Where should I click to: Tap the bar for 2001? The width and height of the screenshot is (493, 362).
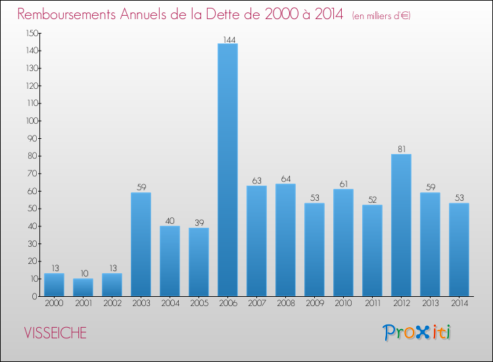(x=83, y=288)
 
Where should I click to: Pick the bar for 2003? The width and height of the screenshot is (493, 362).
(x=141, y=244)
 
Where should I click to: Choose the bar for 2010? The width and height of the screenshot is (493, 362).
(x=343, y=243)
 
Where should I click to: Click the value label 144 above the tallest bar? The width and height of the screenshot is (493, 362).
(x=227, y=39)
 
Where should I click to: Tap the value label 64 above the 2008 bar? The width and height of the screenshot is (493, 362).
(x=285, y=179)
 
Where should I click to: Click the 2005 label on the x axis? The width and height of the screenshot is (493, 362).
(x=199, y=303)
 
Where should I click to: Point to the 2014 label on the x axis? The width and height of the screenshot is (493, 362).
(x=459, y=303)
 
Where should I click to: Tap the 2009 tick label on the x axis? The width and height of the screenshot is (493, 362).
(x=314, y=303)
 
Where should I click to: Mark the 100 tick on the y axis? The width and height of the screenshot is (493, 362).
(x=32, y=121)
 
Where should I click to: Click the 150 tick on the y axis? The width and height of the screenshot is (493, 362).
(x=32, y=33)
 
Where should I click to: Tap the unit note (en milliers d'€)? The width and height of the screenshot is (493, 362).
(x=381, y=15)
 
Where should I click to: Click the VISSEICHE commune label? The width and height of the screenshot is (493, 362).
(x=55, y=333)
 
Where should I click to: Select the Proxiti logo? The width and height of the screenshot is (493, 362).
(x=417, y=332)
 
